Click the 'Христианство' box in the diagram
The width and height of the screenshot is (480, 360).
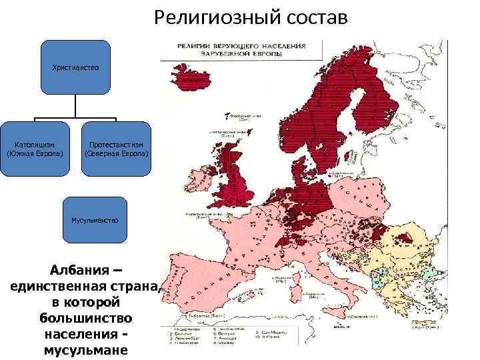[x=75, y=67]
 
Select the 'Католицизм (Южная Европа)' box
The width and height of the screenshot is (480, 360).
[x=35, y=149]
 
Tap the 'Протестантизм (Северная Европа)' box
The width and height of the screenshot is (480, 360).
[x=117, y=149]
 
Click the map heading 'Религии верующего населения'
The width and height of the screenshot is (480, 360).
[x=241, y=46]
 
